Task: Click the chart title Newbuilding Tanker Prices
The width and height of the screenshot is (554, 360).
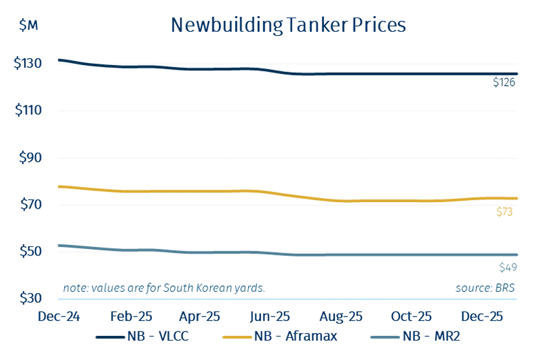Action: (x=288, y=25)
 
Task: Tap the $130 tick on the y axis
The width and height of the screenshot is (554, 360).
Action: (x=28, y=64)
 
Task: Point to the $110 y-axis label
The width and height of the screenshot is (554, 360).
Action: (x=28, y=110)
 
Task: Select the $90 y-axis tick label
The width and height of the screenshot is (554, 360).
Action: (x=31, y=158)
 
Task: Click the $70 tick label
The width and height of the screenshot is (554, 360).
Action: (x=31, y=205)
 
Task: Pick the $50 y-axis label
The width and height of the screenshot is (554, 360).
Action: (x=31, y=251)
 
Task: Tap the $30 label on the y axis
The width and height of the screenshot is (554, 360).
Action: (x=31, y=298)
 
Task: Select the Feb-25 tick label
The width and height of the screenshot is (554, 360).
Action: (x=131, y=316)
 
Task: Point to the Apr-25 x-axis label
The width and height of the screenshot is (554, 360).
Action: (x=199, y=316)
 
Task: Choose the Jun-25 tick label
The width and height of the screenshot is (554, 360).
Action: (x=270, y=316)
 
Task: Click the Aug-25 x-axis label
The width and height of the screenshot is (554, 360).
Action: (x=340, y=316)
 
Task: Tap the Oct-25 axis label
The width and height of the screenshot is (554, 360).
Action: (x=411, y=316)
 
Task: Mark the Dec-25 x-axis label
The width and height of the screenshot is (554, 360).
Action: (x=481, y=316)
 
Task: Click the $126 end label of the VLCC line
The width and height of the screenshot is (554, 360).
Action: (x=504, y=83)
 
